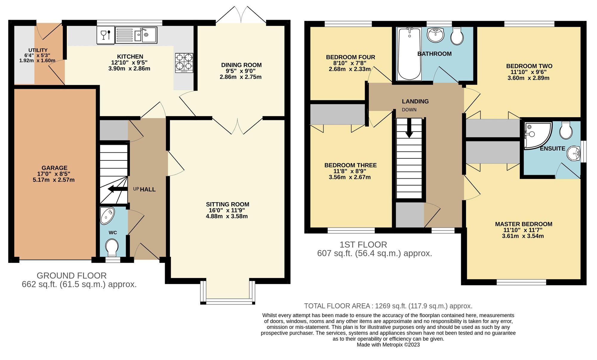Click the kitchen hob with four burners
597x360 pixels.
[x=184, y=63]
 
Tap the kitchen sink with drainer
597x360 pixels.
[x=136, y=35]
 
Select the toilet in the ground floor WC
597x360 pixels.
[x=112, y=247]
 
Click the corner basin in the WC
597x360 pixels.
[x=107, y=215]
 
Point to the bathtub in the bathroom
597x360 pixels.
[x=409, y=54]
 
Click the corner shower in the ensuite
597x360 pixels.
[x=536, y=135]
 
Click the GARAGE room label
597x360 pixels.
[x=54, y=168]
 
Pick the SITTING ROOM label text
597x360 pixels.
[x=227, y=204]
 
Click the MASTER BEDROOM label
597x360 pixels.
[x=524, y=224]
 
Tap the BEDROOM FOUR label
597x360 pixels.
[x=350, y=57]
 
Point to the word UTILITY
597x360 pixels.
[x=38, y=50]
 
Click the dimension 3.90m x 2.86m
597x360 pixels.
[x=129, y=69]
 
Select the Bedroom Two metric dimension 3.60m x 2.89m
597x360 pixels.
[x=528, y=78]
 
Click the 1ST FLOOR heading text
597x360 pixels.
[x=363, y=245]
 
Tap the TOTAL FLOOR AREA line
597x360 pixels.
[x=388, y=306]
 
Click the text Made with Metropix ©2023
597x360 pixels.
[x=388, y=345]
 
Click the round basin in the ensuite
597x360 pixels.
[x=573, y=153]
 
